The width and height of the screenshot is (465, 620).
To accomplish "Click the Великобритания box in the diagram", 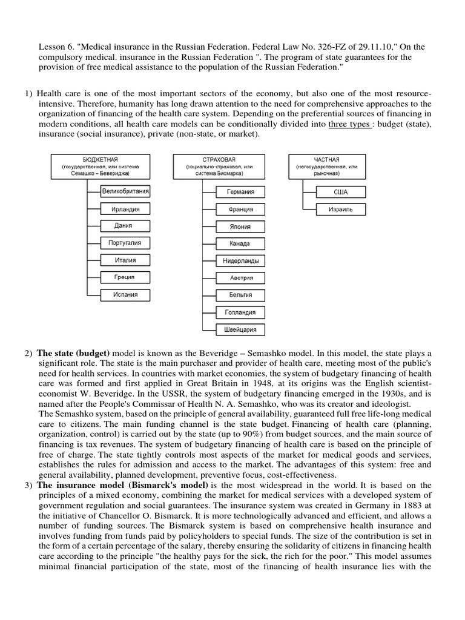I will click(x=125, y=191).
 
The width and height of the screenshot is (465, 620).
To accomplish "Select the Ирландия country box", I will click(x=125, y=209).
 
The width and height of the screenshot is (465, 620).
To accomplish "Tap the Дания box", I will click(x=125, y=226).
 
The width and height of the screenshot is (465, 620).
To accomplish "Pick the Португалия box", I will click(x=125, y=243).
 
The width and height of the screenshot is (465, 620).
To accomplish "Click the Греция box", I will click(x=125, y=277).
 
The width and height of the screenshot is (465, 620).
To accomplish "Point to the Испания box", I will click(x=125, y=295).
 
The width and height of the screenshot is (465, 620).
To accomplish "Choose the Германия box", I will click(x=241, y=192).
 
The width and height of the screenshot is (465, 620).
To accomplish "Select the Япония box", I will click(x=241, y=226).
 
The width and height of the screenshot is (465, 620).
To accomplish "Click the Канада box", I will click(x=241, y=243).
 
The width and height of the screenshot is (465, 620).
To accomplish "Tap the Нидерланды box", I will click(x=241, y=261).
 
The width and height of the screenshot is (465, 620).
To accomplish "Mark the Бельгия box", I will click(x=241, y=295).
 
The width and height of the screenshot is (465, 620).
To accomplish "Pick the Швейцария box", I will click(x=241, y=330).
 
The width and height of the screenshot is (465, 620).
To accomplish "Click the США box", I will click(x=341, y=192).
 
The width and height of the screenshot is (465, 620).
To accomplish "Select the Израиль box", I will click(x=341, y=209).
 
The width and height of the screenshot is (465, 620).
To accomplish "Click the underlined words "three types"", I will click(x=350, y=125).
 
